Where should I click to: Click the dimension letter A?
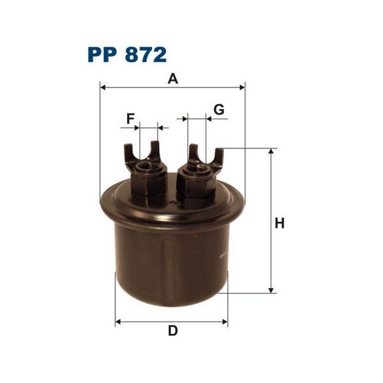coord(172,79)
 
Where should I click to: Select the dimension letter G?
coord(219,110)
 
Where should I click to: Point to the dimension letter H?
coord(279,223)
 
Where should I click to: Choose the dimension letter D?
coord(172,331)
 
